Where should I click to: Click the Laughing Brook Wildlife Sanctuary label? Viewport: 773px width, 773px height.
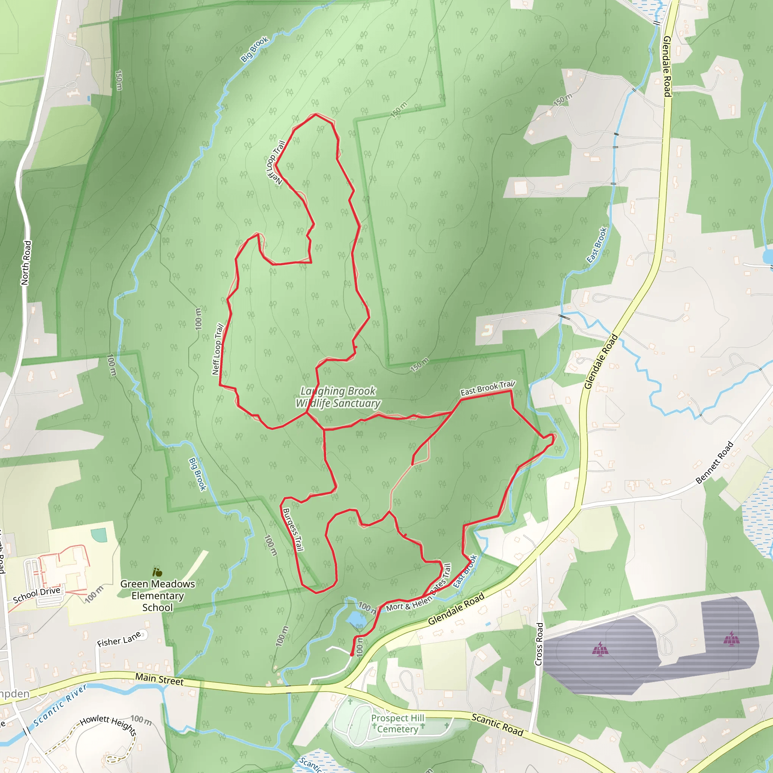click(338, 397)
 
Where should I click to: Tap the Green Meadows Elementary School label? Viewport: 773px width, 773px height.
click(158, 596)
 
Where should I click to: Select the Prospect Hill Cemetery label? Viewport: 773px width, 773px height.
click(397, 724)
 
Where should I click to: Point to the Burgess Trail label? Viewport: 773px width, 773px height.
click(293, 530)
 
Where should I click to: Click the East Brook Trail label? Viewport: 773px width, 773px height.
click(488, 388)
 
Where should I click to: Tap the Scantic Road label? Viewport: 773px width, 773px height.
click(497, 725)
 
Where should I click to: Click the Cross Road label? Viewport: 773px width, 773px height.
click(539, 644)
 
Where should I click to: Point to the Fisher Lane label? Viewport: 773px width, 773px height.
click(119, 639)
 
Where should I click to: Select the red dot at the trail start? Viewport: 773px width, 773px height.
click(352, 654)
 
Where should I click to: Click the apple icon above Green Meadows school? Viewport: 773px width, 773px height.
click(157, 572)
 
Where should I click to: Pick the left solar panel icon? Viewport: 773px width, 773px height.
click(600, 648)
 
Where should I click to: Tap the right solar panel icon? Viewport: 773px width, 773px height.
click(731, 639)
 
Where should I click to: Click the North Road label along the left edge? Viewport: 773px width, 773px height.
click(26, 262)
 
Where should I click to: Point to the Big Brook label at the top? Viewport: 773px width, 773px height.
click(254, 49)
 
